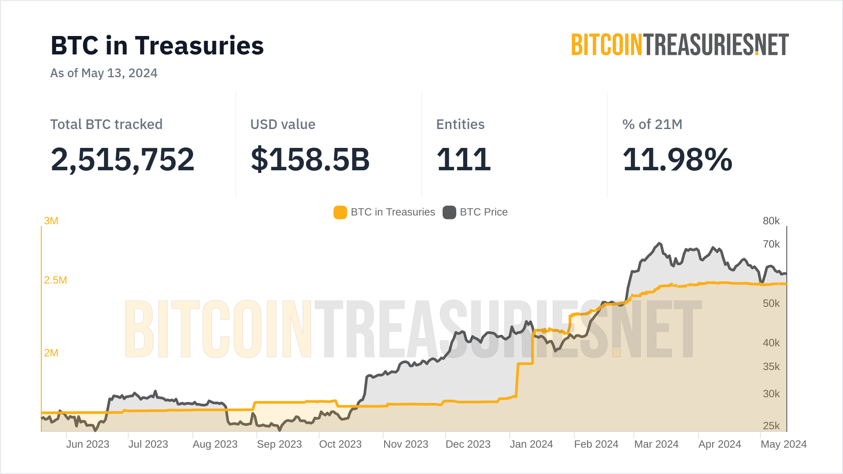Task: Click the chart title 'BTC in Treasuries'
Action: click(x=157, y=46)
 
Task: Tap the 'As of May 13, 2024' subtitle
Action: click(x=104, y=73)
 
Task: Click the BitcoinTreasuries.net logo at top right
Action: click(x=680, y=45)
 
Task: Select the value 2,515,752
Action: click(x=122, y=159)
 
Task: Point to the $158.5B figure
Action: click(x=310, y=159)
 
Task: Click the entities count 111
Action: click(x=463, y=159)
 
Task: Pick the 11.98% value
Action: click(x=677, y=159)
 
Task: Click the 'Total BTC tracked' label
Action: click(x=106, y=124)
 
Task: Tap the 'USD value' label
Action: click(x=283, y=124)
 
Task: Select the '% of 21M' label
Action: click(x=652, y=124)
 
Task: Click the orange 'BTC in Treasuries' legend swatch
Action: click(x=340, y=212)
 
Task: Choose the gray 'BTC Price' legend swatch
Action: click(x=449, y=212)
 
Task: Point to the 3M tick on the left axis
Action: click(x=51, y=221)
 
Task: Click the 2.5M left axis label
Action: click(x=55, y=280)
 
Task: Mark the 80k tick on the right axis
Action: click(x=771, y=221)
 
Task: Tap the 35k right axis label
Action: click(x=771, y=366)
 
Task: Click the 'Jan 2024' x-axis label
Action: click(x=531, y=444)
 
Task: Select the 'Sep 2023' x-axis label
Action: click(x=279, y=444)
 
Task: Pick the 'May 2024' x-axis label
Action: click(x=783, y=444)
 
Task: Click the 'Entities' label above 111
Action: click(x=460, y=124)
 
